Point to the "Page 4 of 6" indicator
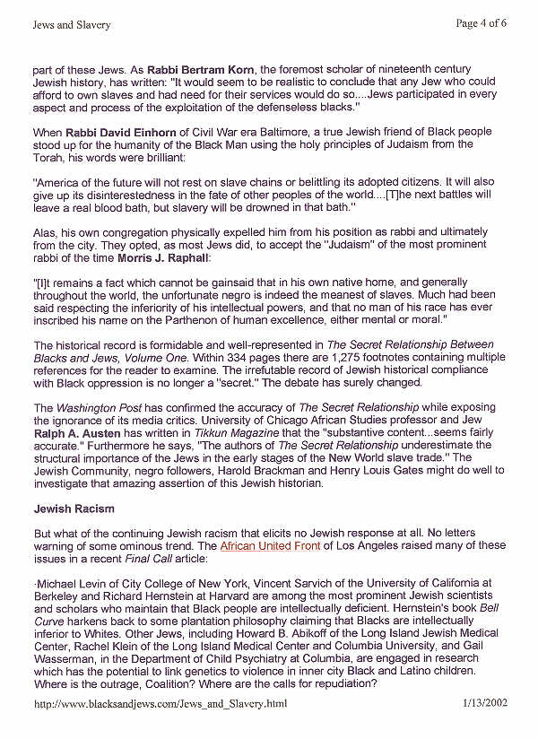(482, 23)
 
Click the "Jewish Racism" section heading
(74, 509)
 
